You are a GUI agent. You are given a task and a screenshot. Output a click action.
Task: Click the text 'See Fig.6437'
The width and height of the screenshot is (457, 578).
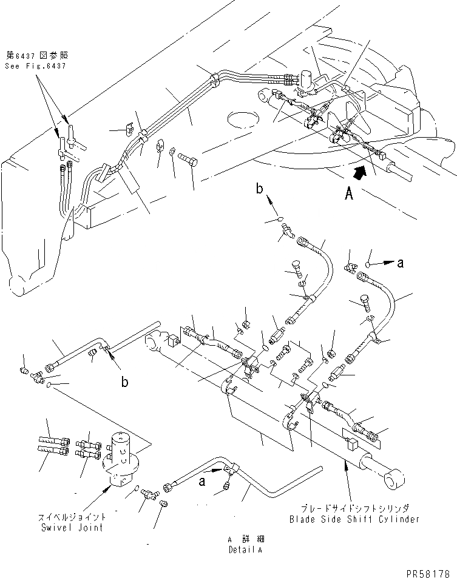click(x=35, y=65)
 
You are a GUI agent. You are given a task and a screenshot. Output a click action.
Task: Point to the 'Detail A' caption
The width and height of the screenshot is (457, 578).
click(x=245, y=549)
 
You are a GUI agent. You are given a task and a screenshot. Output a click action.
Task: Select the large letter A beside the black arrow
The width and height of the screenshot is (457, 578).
click(x=348, y=195)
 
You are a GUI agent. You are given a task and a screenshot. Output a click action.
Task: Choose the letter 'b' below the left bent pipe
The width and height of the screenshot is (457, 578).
click(x=124, y=383)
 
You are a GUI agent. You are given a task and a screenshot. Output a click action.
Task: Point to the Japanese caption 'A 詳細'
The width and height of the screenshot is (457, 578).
click(x=245, y=539)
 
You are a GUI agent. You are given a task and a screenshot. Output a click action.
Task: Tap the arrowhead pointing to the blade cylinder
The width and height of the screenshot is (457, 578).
click(x=347, y=463)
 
